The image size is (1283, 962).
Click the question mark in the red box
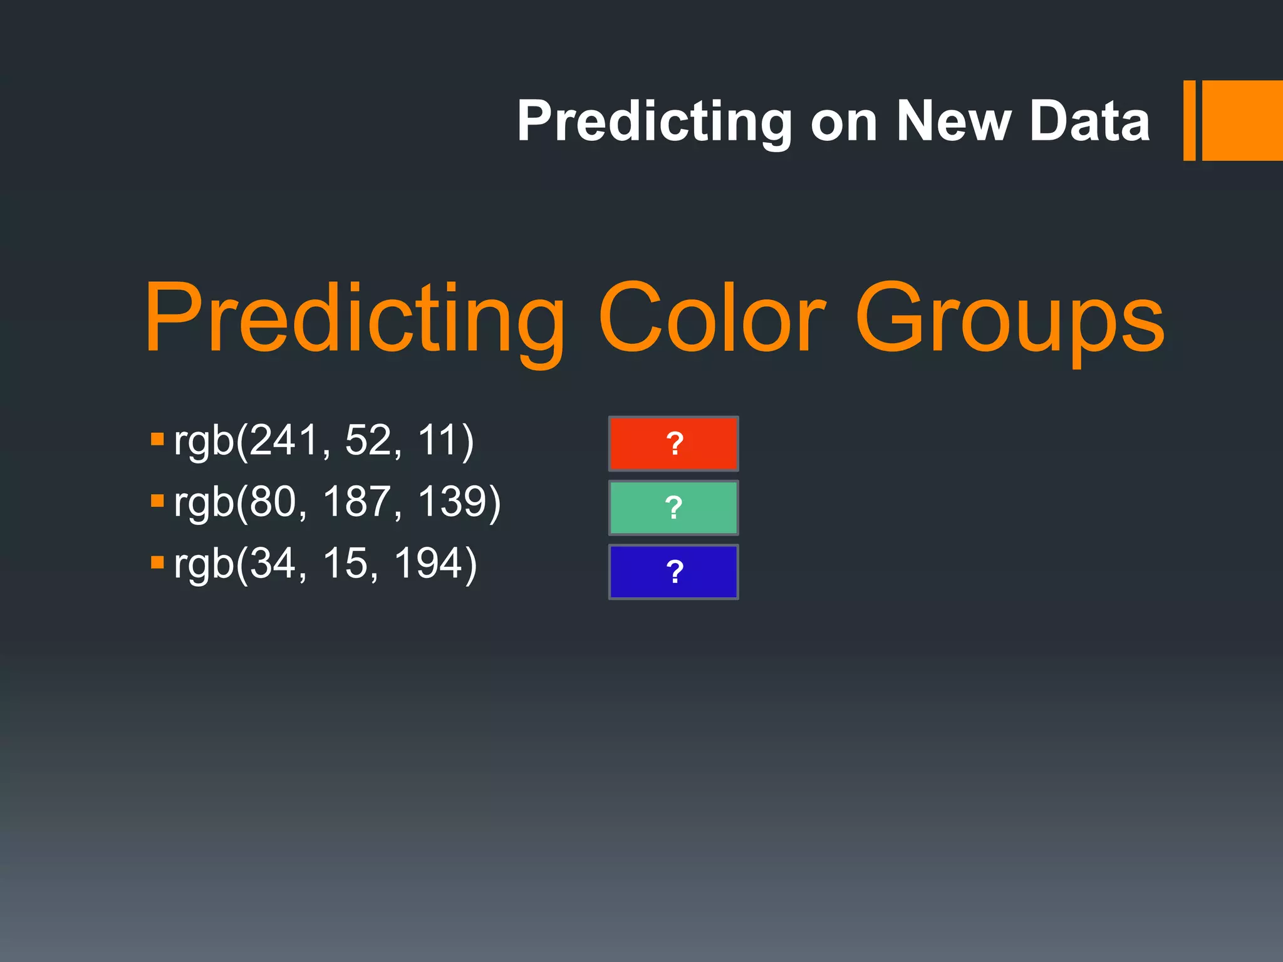coord(674,443)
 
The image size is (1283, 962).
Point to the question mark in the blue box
coord(674,572)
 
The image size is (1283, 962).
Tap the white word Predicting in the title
coord(655,123)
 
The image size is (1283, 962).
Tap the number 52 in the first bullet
coord(368,440)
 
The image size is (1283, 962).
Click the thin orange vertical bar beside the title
coord(1189,120)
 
